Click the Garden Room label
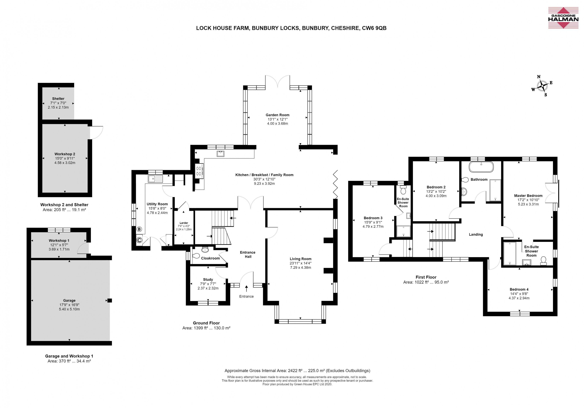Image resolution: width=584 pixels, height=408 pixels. tap(277, 115)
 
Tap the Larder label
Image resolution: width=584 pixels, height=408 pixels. tap(184, 223)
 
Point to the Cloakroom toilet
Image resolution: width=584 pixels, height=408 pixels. tap(205, 249)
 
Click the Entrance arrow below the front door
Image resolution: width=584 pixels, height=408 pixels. tap(247, 288)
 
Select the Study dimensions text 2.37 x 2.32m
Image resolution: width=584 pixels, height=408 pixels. tap(208, 288)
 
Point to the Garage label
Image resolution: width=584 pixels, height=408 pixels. tap(69, 300)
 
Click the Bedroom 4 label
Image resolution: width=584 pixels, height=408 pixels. tap(519, 289)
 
